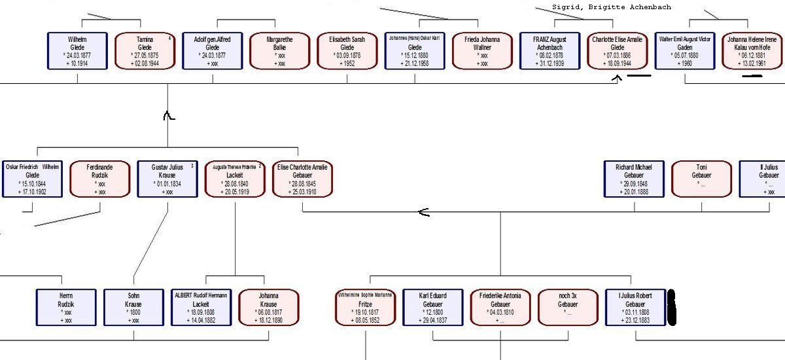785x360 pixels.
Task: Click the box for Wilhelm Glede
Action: [77, 51]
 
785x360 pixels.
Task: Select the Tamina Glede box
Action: [145, 51]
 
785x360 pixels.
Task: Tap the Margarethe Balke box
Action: [280, 51]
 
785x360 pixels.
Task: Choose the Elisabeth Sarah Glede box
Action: [347, 51]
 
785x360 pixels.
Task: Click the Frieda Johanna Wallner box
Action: [483, 51]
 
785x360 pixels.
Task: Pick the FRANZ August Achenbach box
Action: [549, 51]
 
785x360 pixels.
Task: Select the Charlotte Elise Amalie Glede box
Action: [618, 51]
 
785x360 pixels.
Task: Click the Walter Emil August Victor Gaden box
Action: [685, 51]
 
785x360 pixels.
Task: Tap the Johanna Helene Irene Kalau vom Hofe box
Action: [752, 51]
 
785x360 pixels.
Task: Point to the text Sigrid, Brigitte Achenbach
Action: [611, 7]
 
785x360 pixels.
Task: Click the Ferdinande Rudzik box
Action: [100, 179]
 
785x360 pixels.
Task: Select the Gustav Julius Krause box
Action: [167, 179]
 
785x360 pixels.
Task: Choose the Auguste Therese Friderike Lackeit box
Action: [235, 179]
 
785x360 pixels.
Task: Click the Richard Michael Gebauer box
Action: [634, 179]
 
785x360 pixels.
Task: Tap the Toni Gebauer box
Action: [702, 179]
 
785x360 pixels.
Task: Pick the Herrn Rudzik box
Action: [66, 307]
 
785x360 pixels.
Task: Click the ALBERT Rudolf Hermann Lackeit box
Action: [201, 307]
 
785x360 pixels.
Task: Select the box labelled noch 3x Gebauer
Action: [568, 307]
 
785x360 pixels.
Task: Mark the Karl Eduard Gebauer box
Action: [432, 307]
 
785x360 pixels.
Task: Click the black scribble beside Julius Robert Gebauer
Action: [671, 308]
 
